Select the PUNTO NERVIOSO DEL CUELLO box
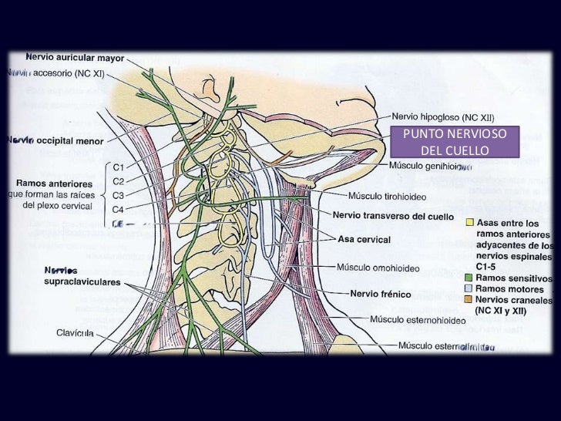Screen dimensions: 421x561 click(450, 141)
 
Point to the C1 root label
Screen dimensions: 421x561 click(119, 167)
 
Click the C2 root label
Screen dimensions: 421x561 click(119, 180)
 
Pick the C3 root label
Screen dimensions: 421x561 click(119, 194)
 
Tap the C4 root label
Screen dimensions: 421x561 click(119, 208)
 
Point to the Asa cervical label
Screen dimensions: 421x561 click(364, 240)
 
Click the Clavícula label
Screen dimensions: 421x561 click(75, 333)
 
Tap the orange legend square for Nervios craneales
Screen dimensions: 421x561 click(469, 299)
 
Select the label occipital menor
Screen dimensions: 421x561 click(68, 142)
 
